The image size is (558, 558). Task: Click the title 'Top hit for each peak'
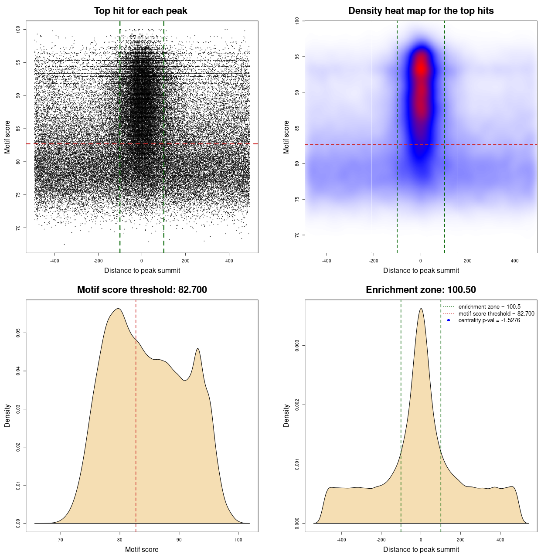[x=141, y=11]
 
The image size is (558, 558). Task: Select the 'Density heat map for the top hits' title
[x=421, y=11]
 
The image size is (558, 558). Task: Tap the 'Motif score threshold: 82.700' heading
[x=142, y=290]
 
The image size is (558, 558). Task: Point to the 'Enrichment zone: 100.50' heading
[x=421, y=290]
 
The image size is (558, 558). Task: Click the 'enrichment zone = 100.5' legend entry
[x=489, y=307]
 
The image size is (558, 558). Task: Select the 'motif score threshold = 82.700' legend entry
[x=496, y=313]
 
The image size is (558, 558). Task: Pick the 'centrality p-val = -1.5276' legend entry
[x=489, y=320]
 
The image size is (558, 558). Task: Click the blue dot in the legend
[x=449, y=320]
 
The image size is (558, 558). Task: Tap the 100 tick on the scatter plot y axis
[x=18, y=29]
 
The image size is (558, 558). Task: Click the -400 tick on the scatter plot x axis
[x=54, y=261]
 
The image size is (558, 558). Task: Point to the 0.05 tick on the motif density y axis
[x=18, y=333]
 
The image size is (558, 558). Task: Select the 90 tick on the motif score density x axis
[x=179, y=540]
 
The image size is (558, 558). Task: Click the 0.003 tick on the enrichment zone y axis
[x=297, y=346]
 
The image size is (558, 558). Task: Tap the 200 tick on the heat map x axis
[x=468, y=261]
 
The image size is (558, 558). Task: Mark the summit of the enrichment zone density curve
[x=421, y=309]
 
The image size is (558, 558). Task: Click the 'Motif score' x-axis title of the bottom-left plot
[x=142, y=549]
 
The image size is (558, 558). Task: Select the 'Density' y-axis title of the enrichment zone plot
[x=286, y=415]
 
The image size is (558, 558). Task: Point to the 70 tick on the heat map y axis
[x=297, y=235]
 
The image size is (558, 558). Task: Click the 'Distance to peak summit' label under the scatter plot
[x=142, y=270]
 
